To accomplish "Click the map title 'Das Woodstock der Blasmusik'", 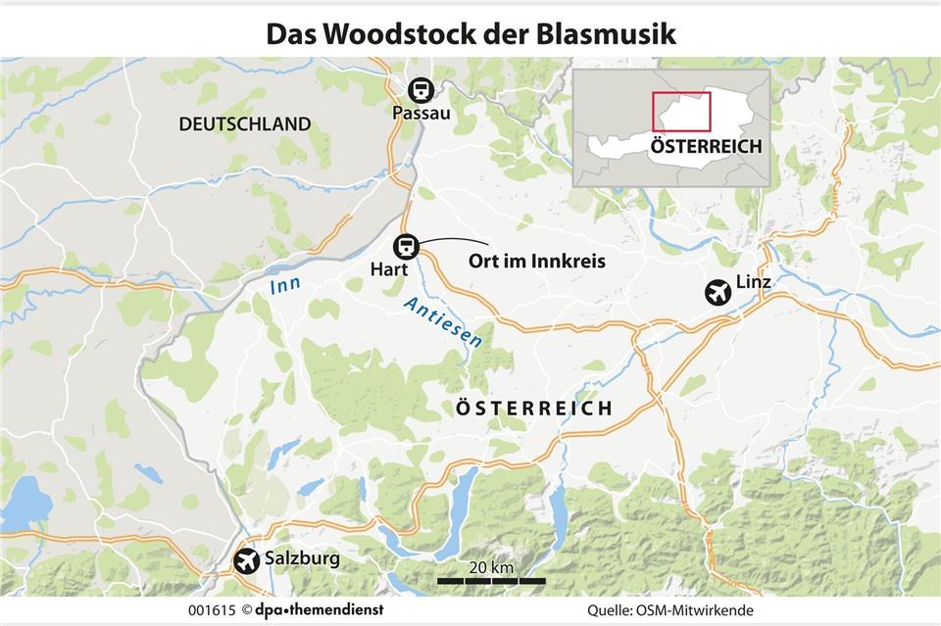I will [470, 33].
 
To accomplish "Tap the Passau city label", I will [421, 114].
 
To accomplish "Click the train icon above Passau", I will [421, 89].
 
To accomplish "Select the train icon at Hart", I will [406, 245].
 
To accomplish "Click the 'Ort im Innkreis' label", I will [536, 262].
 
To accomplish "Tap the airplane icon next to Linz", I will [718, 291].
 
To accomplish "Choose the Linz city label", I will [753, 283].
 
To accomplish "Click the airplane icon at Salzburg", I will [248, 561].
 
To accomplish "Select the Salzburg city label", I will [303, 559].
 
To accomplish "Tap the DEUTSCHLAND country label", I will [245, 124].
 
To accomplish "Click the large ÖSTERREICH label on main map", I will [534, 409].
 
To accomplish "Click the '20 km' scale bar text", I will [490, 568].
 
